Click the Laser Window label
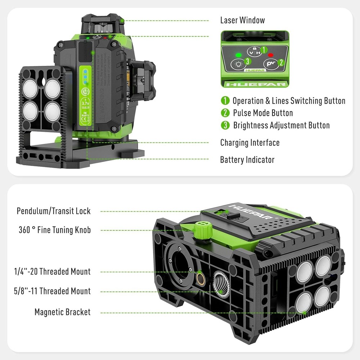point(242,21)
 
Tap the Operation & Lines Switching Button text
point(289,101)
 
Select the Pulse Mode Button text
point(263,113)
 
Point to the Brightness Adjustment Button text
point(281,125)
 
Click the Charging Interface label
point(250,143)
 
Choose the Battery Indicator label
point(247,159)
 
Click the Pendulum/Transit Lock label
point(54,211)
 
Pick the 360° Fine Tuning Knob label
point(55,230)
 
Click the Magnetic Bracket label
point(63,312)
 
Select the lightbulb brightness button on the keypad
point(238,64)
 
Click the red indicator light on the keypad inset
point(271,55)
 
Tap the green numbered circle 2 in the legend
point(225,113)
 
